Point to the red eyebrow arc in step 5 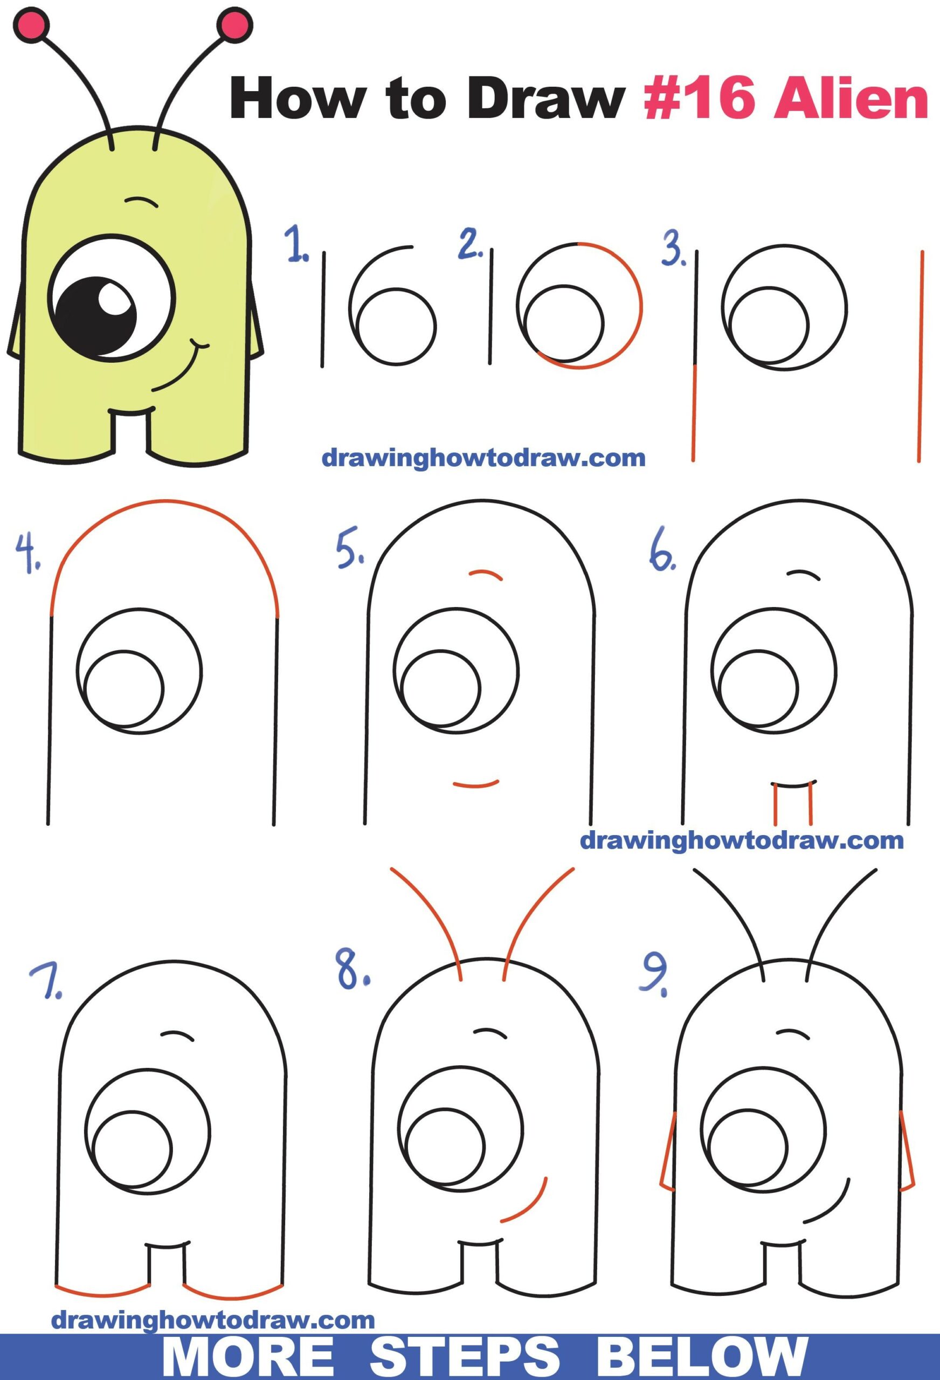486,574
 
